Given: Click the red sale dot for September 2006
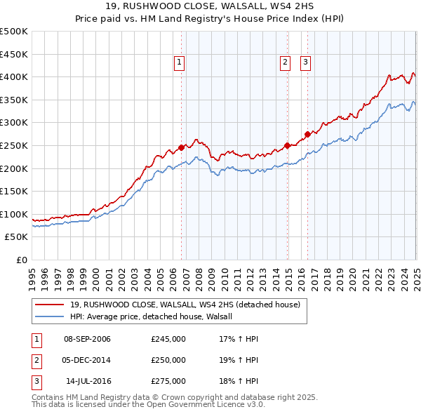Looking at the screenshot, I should pyautogui.click(x=181, y=147).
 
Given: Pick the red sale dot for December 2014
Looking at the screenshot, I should pyautogui.click(x=287, y=145).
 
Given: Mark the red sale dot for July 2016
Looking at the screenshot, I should pyautogui.click(x=307, y=134).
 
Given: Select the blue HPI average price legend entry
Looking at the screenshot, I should pyautogui.click(x=155, y=316).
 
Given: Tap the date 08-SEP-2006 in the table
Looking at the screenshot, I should pyautogui.click(x=87, y=340).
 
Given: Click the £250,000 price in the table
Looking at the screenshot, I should pyautogui.click(x=168, y=360).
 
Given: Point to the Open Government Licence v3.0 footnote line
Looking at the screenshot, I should pyautogui.click(x=147, y=404).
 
